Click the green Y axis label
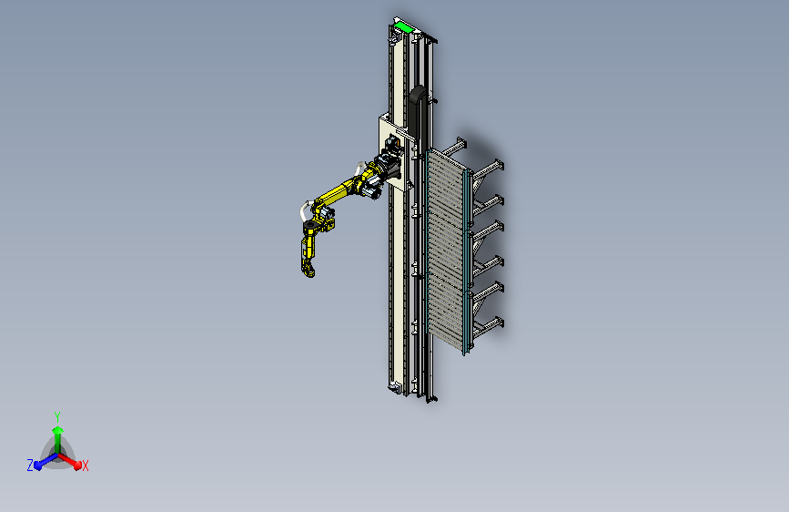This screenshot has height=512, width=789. pos(57,416)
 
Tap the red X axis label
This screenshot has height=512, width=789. pos(86,466)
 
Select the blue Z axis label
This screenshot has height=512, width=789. pos(30,466)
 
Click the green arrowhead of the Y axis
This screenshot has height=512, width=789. pos(58,430)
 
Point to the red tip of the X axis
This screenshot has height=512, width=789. pos(77,465)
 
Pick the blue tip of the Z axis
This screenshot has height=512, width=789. pos(38,466)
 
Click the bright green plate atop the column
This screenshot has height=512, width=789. pos(403,26)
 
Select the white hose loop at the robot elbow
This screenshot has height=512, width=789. pos(304,210)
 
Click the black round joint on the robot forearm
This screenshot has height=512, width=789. pos(309,225)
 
